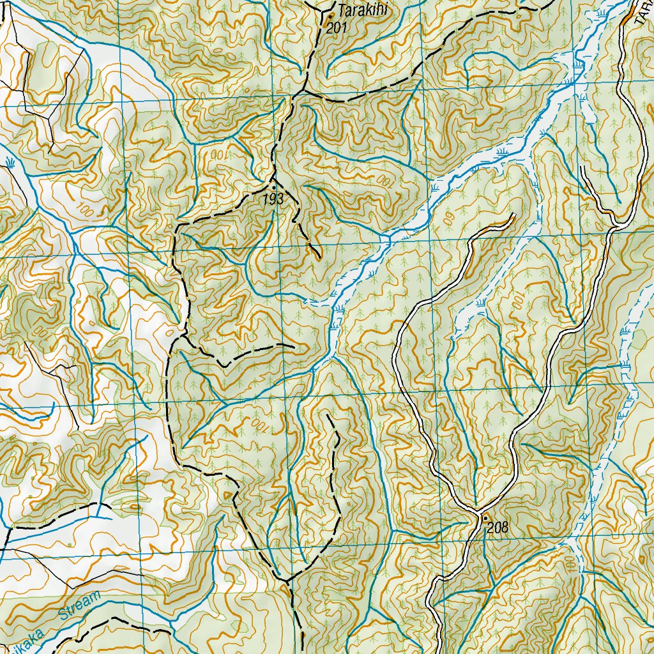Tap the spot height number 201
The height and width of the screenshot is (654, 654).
tap(336, 27)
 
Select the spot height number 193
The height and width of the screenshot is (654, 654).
tap(273, 200)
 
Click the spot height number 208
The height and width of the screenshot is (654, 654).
tap(497, 528)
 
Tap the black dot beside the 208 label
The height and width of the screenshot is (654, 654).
tap(485, 517)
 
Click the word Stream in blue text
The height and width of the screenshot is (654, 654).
tap(79, 607)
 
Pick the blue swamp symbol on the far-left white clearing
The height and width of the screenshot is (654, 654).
tap(11, 162)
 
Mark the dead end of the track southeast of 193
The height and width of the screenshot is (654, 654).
tap(319, 258)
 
